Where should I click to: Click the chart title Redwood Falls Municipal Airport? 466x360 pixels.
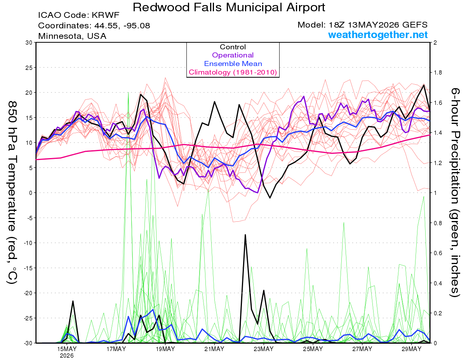[229, 7]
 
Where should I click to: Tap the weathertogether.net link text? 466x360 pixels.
[378, 35]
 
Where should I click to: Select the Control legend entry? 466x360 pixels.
[233, 47]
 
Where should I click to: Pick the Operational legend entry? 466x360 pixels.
[233, 55]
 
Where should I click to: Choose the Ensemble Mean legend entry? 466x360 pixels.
[233, 64]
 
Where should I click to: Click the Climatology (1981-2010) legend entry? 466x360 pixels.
[233, 72]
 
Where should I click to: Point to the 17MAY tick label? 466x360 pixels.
[116, 349]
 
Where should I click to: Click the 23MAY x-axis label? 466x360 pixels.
[264, 349]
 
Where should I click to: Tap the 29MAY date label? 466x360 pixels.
[412, 349]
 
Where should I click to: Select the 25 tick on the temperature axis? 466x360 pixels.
[29, 68]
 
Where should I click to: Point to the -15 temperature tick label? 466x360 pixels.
[28, 268]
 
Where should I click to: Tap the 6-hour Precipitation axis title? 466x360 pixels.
[455, 193]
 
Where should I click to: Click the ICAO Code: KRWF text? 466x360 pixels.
[79, 15]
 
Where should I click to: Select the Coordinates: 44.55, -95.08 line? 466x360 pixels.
[94, 26]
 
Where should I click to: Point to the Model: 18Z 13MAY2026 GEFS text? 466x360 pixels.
[362, 25]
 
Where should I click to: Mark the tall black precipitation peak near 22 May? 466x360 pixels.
[245, 235]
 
